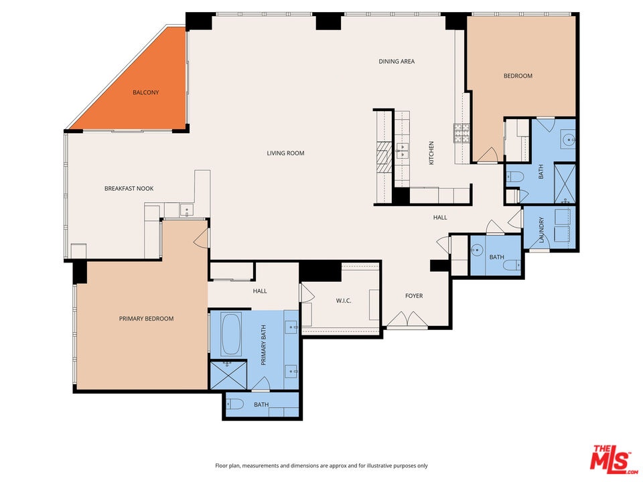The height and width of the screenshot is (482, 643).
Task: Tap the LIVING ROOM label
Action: (x=285, y=153)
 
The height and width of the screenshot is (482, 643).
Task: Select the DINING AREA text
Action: (x=397, y=62)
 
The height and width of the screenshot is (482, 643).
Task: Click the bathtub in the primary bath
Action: (x=231, y=334)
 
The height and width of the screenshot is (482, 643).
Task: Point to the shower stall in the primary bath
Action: (x=228, y=375)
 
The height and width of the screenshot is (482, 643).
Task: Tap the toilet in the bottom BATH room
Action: (x=235, y=404)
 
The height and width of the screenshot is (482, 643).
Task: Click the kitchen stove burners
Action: (x=461, y=133)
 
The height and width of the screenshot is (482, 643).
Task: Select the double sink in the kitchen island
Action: (x=403, y=151)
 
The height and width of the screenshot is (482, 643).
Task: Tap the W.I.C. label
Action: (x=344, y=301)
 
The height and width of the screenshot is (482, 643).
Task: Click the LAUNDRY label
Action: (x=541, y=230)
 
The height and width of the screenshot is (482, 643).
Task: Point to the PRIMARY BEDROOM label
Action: (x=147, y=319)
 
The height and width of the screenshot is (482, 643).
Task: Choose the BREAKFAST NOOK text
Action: (x=129, y=189)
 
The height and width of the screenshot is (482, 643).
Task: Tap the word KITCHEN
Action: (x=431, y=153)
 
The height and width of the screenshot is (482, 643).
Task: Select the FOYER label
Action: (x=414, y=296)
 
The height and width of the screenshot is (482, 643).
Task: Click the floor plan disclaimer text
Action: (x=321, y=466)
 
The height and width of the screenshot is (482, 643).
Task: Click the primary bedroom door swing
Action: (x=201, y=238)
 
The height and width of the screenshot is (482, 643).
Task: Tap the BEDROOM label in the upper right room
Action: (x=518, y=76)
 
